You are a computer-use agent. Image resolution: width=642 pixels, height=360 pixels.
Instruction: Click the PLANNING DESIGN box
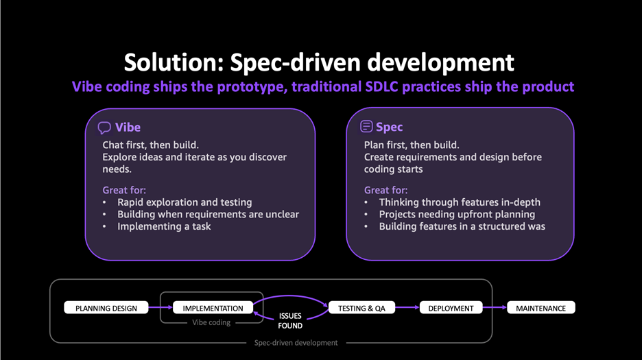pos(106,308)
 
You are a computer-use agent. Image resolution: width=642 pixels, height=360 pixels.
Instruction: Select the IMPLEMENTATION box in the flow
pos(213,308)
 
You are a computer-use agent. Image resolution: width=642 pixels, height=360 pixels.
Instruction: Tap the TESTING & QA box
pos(361,308)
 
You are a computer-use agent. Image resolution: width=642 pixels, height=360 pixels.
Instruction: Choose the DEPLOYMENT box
pos(451,308)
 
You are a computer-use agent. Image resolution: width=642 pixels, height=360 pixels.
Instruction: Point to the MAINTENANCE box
pos(541,308)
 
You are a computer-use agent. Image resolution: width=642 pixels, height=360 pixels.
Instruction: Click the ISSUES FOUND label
pos(290,321)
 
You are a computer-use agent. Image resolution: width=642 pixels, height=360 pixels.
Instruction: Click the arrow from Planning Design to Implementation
pos(160,307)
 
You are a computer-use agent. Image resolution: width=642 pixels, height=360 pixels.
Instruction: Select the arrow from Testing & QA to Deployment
pos(407,307)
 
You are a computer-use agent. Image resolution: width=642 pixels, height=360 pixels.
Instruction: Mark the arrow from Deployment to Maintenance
pos(495,307)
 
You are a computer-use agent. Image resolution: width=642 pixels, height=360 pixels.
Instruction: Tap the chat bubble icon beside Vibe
pos(104,128)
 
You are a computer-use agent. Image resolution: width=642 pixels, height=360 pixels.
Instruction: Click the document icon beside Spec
pos(366,127)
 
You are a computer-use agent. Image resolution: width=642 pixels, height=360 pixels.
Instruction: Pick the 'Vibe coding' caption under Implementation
pos(211,323)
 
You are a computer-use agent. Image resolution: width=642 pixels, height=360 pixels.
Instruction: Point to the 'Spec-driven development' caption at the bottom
pos(296,343)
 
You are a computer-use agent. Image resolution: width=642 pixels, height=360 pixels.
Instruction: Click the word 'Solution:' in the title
pos(174,62)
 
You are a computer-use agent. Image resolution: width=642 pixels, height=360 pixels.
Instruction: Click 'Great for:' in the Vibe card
pos(124,190)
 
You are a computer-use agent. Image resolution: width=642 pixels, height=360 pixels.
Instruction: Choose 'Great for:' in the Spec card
pos(385,190)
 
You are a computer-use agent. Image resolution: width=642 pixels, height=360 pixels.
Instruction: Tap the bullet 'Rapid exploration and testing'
pos(185,202)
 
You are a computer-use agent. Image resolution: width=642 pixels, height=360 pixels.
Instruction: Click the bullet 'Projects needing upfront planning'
pos(457,214)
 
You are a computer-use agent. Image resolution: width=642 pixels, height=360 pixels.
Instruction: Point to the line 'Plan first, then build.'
pos(412,145)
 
